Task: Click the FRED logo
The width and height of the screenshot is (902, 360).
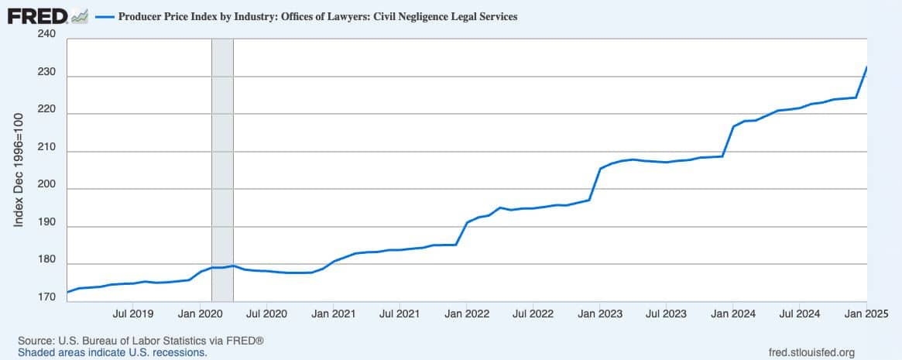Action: pyautogui.click(x=36, y=15)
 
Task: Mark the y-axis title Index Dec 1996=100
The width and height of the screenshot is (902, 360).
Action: pyautogui.click(x=19, y=170)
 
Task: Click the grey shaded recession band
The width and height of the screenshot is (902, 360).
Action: pyautogui.click(x=222, y=170)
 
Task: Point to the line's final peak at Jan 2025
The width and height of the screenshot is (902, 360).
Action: pyautogui.click(x=866, y=68)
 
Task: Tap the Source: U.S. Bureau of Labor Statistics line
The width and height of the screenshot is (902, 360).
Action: pyautogui.click(x=140, y=341)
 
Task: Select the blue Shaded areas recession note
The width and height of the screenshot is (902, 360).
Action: pyautogui.click(x=112, y=352)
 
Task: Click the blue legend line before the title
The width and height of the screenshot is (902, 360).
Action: pyautogui.click(x=105, y=16)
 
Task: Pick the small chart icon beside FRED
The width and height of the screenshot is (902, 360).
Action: pyautogui.click(x=80, y=16)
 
